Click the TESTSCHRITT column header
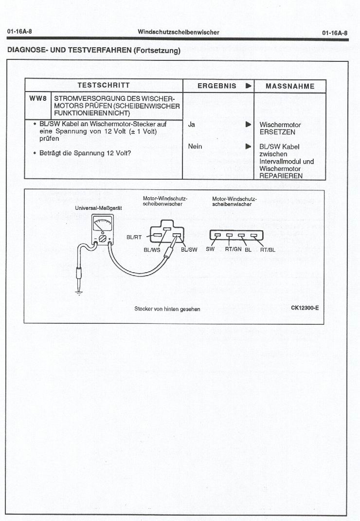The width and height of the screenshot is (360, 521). (103, 86)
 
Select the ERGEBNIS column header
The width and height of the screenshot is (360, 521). (216, 86)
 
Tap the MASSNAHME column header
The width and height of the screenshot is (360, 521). (290, 86)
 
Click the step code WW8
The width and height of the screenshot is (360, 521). (38, 98)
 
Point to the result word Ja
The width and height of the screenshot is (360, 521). (191, 125)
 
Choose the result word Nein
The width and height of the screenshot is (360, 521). (195, 146)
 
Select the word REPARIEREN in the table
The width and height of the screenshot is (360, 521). (281, 176)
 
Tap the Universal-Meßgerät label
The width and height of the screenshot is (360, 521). (98, 208)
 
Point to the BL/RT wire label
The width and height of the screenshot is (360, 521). (134, 238)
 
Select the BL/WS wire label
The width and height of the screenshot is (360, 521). (152, 250)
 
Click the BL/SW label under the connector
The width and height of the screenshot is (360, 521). (189, 250)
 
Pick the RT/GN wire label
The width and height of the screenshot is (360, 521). (233, 250)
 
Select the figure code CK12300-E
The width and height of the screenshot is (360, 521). (305, 308)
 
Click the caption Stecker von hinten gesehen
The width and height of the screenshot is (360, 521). (167, 309)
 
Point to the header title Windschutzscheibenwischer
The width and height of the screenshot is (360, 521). (178, 32)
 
